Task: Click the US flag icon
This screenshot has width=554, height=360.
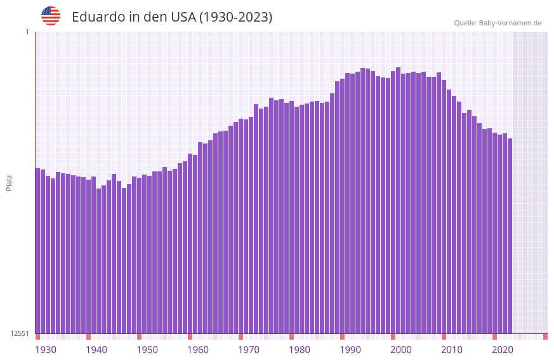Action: pyautogui.click(x=51, y=16)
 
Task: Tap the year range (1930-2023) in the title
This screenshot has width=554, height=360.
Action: pyautogui.click(x=235, y=17)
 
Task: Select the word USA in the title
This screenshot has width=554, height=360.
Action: pyautogui.click(x=183, y=17)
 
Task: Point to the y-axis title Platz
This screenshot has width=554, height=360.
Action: pyautogui.click(x=9, y=183)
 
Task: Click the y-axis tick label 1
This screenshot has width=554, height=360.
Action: pyautogui.click(x=27, y=32)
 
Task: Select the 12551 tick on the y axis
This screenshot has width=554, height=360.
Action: pyautogui.click(x=20, y=333)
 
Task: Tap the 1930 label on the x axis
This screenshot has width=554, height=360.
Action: pyautogui.click(x=46, y=350)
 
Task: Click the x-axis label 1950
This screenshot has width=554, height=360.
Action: pyautogui.click(x=147, y=350)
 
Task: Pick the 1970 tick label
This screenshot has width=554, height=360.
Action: pyautogui.click(x=249, y=350)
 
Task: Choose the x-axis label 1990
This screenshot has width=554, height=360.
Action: pyautogui.click(x=350, y=350)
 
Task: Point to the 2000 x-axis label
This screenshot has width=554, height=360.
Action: pyautogui.click(x=401, y=350)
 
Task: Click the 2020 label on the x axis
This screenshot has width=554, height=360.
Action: pyautogui.click(x=503, y=350)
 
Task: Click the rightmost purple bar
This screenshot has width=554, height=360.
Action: pyautogui.click(x=510, y=236)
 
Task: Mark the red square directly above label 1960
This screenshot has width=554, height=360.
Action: pyautogui.click(x=190, y=337)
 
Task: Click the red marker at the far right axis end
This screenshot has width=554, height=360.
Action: pyautogui.click(x=545, y=337)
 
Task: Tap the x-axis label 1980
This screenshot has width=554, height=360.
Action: pyautogui.click(x=300, y=350)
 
